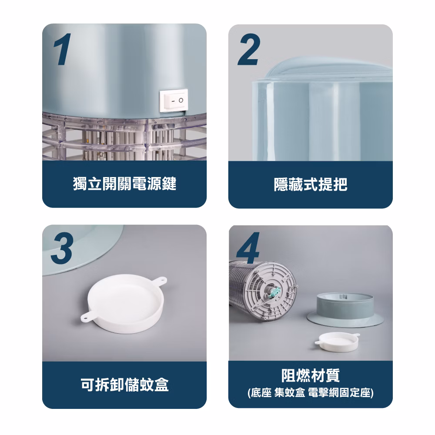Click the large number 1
(x=62, y=50)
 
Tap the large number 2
(x=249, y=50)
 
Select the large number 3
(x=62, y=248)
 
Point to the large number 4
(x=248, y=248)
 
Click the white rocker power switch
(x=174, y=100)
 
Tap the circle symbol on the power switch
(x=181, y=100)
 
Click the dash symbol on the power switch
(x=173, y=100)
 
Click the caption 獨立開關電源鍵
(x=124, y=184)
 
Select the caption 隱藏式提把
(x=311, y=184)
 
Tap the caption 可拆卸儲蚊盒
(x=124, y=385)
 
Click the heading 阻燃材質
(x=311, y=375)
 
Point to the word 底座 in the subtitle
(x=261, y=393)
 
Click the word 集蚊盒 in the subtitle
(x=290, y=393)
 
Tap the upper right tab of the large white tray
(x=160, y=281)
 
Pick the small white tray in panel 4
(x=338, y=342)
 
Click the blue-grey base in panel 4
(x=345, y=310)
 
